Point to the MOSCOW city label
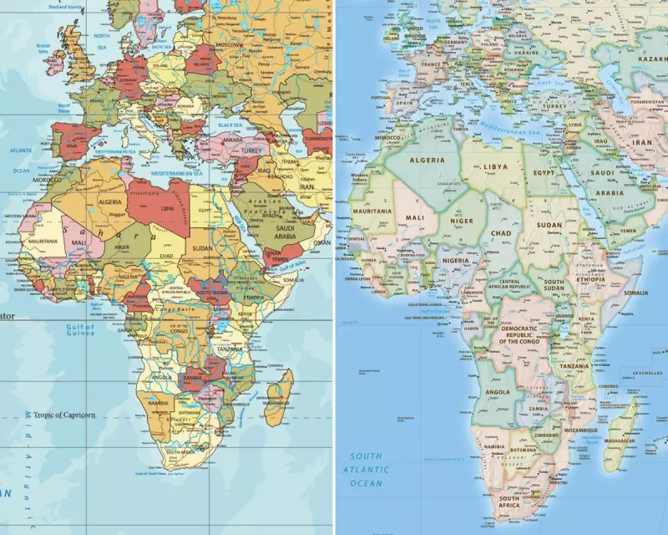229,44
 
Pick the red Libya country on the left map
163,205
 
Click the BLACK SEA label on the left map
229,124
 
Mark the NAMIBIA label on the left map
159,403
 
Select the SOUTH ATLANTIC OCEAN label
367,470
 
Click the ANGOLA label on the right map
497,391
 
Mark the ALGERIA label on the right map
426,159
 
